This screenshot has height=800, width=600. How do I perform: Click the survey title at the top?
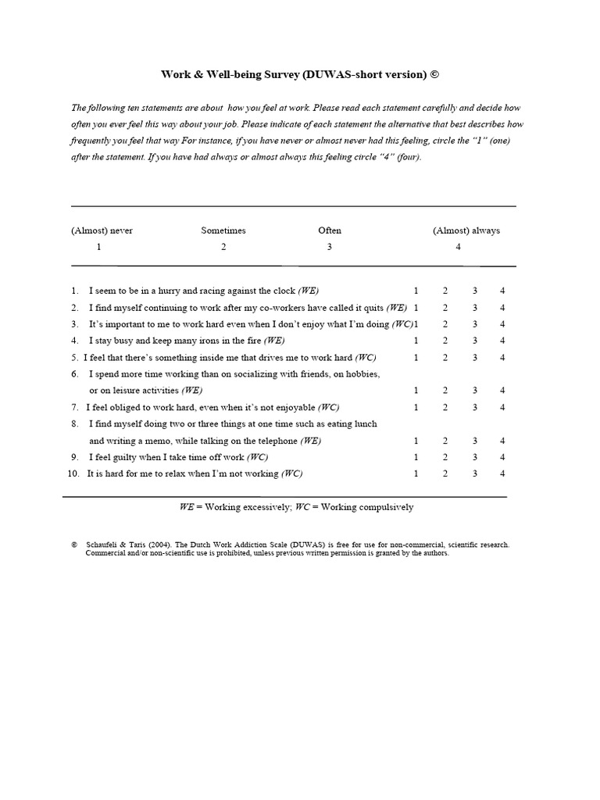click(300, 74)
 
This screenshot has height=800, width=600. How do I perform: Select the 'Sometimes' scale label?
click(223, 230)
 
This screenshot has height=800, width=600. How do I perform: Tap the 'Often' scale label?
click(330, 230)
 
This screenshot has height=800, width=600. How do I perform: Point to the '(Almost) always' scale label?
click(466, 230)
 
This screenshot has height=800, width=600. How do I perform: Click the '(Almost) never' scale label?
click(102, 230)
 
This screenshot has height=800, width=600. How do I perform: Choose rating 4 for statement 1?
click(502, 290)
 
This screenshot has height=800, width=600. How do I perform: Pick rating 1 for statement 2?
click(416, 307)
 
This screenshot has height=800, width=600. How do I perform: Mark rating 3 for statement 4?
click(474, 341)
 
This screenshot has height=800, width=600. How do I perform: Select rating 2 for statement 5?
click(445, 358)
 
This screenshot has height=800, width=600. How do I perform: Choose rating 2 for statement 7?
click(445, 407)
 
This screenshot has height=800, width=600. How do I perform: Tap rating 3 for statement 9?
click(474, 457)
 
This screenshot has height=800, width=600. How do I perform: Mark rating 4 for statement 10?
click(502, 473)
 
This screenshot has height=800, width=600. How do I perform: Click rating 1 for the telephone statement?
click(416, 441)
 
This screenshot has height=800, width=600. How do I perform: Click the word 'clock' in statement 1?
click(284, 290)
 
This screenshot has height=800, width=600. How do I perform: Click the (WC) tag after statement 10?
click(291, 473)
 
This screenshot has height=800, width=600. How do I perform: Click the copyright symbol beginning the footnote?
click(73, 545)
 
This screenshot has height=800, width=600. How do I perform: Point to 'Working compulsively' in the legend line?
click(368, 507)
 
